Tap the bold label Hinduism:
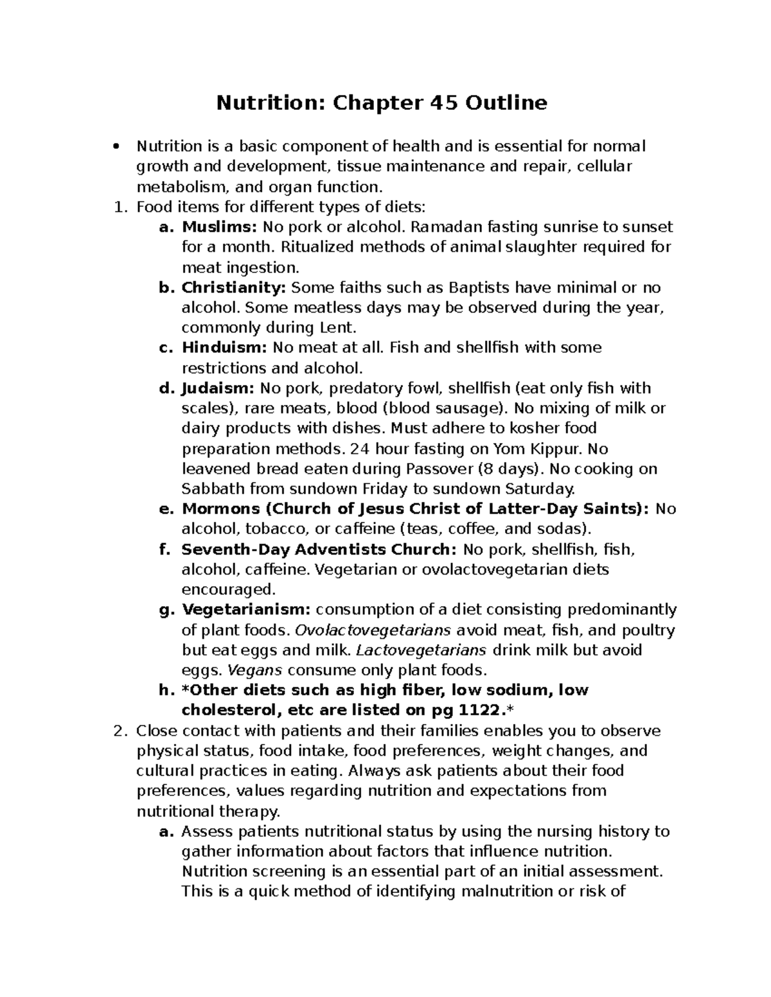[224, 347]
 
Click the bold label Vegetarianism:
[246, 609]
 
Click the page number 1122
[479, 710]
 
